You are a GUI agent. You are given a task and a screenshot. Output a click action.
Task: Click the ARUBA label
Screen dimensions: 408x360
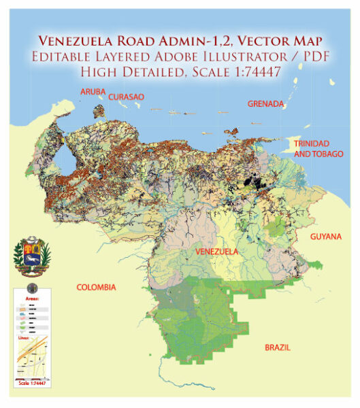pyautogui.click(x=94, y=91)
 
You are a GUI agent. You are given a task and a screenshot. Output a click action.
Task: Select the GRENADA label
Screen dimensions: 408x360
pyautogui.click(x=265, y=103)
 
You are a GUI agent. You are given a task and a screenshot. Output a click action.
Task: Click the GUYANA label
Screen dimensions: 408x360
pyautogui.click(x=325, y=236)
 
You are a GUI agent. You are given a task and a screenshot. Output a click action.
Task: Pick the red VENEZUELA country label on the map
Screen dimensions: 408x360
pyautogui.click(x=216, y=252)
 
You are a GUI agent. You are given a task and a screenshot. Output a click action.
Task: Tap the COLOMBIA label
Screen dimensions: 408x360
pyautogui.click(x=96, y=287)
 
